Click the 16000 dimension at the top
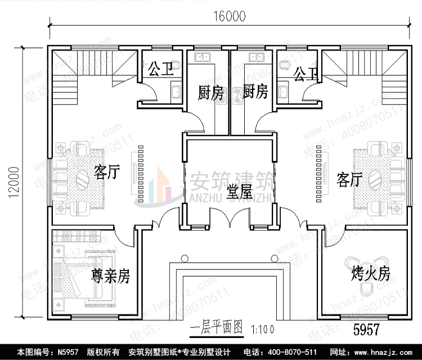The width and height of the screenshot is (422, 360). point(229,16)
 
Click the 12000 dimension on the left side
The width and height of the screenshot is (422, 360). point(13,181)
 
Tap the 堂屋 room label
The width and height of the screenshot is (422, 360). point(239,193)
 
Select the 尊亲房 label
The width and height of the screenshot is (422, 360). point(111,276)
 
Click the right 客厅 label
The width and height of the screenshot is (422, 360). point(349,179)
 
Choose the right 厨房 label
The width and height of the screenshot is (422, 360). point(255,92)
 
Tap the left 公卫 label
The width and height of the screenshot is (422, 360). point(160,70)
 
